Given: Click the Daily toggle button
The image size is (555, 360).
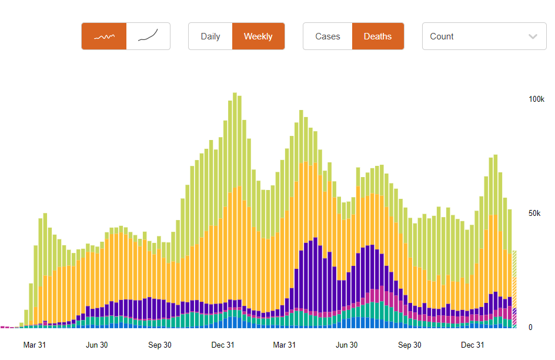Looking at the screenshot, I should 210,36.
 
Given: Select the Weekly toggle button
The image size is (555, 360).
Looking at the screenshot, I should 258,36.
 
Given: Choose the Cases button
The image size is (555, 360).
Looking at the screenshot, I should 327,36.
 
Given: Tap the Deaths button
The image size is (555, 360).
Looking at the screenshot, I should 377,36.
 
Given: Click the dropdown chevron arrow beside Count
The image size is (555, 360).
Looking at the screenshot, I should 533,36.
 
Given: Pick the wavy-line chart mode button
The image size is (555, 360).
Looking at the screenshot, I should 104,36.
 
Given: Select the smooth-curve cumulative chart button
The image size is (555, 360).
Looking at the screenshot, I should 148,36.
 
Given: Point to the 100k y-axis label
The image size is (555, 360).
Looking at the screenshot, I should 536,99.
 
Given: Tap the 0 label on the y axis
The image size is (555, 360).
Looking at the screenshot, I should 530,327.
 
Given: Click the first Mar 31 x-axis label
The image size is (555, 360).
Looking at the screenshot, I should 34,345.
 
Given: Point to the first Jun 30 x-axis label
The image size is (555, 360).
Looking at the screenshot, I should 96,345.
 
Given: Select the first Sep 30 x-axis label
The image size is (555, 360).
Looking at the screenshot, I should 159,345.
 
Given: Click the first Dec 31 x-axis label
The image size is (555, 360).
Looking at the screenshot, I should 222,345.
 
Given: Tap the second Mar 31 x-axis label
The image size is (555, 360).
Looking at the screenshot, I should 284,345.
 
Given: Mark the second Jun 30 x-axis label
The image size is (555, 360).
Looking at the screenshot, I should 346,345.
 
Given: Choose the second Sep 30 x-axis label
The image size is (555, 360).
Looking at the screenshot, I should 409,345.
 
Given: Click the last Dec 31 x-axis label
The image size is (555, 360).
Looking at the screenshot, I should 472,345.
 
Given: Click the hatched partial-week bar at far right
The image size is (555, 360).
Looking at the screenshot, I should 514,288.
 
